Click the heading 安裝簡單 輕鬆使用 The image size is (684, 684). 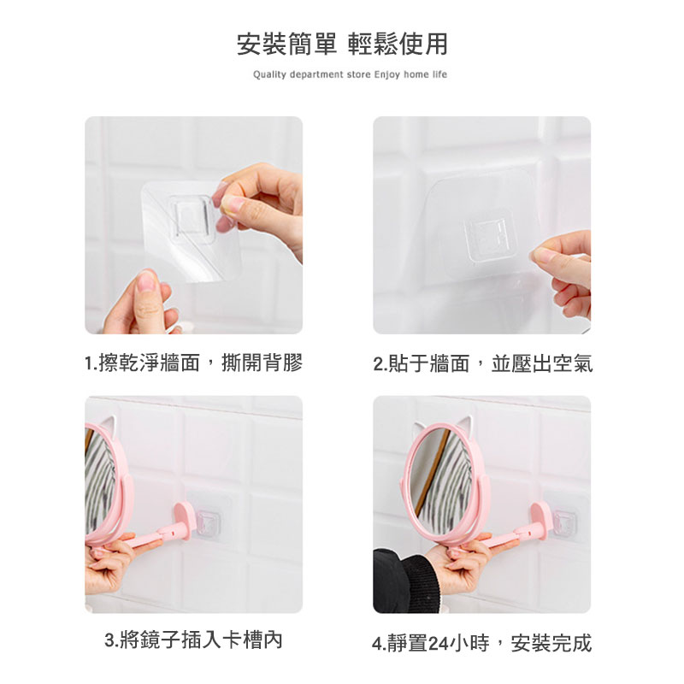click(x=343, y=44)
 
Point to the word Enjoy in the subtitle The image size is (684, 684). click(x=387, y=74)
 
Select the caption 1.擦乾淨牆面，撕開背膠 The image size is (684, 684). click(x=194, y=363)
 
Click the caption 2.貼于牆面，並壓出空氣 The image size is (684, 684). click(x=483, y=363)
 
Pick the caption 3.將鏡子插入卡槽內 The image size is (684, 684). click(x=194, y=640)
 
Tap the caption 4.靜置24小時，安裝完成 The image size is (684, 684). click(x=482, y=643)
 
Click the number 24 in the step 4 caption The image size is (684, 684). click(x=439, y=644)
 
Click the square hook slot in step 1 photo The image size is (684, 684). click(x=192, y=217)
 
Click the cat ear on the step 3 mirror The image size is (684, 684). click(x=107, y=424)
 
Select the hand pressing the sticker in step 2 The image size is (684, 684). click(x=563, y=273)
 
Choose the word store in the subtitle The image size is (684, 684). click(x=358, y=74)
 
